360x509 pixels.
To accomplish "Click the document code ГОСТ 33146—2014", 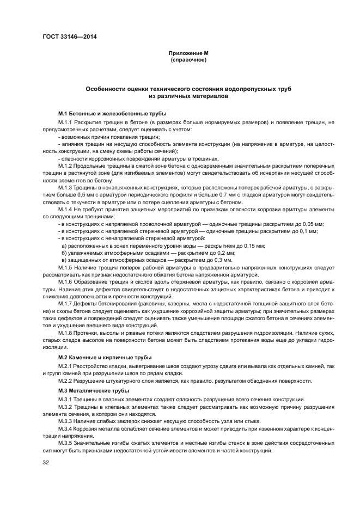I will pos(66,37).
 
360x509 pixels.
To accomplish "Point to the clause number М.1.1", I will pos(66,123).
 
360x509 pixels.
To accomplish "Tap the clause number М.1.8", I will pos(66,332).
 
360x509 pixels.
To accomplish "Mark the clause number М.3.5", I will pos(66,444).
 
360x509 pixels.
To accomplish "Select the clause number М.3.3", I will pos(66,421).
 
